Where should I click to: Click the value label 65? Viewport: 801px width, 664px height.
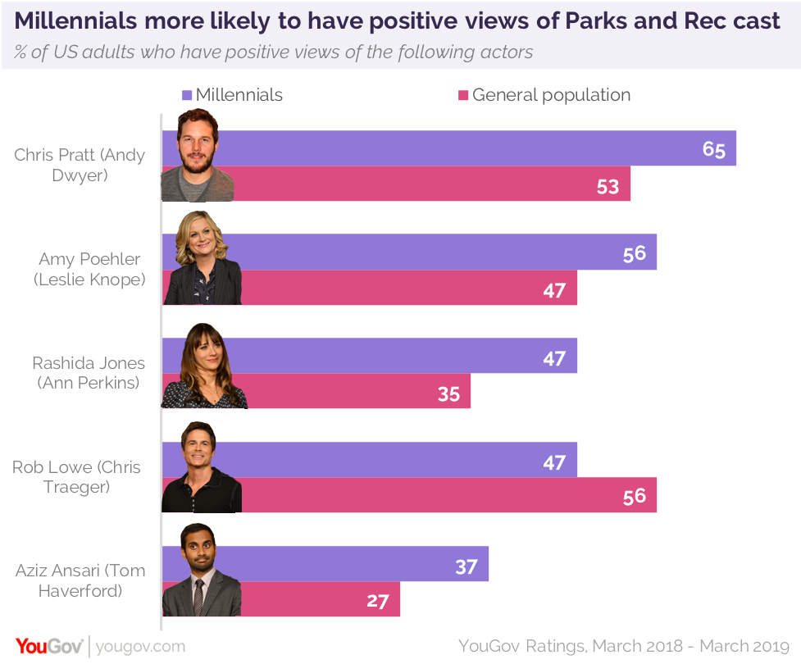[714, 149]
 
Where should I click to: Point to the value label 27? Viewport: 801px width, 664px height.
[377, 600]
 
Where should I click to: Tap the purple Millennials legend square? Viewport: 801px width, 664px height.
[187, 95]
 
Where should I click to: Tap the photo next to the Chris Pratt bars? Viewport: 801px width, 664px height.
[198, 156]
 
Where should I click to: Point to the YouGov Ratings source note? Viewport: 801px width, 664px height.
[623, 646]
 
